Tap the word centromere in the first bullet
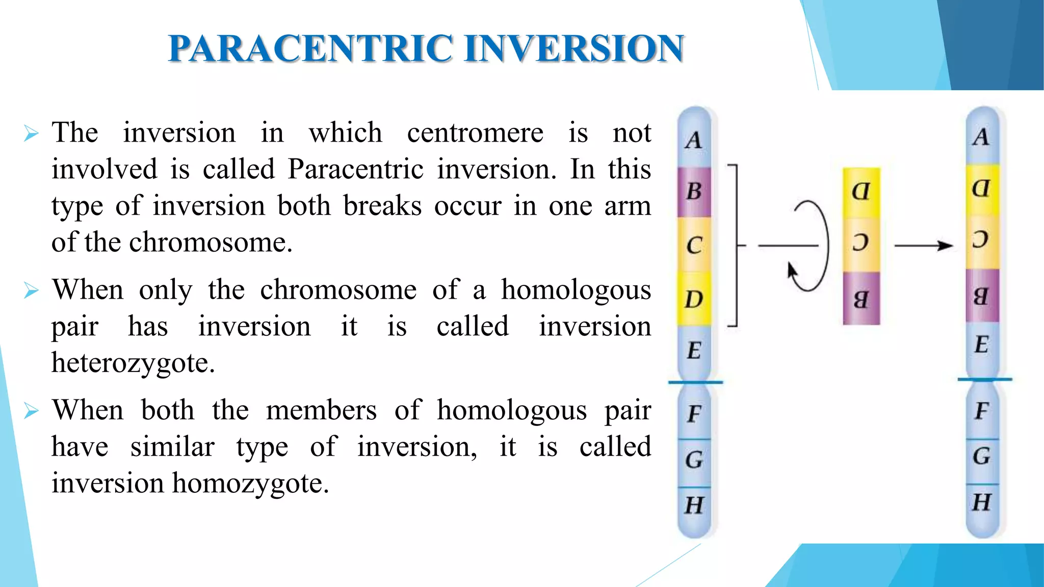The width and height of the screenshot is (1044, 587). pos(475,133)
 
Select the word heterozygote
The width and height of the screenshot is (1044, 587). pos(133,363)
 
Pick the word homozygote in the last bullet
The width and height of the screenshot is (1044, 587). pos(250,484)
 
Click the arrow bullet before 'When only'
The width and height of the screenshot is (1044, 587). pos(31,290)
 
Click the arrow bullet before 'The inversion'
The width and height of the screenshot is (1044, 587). pos(31,134)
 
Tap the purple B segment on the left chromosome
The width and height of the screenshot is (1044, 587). pos(694,192)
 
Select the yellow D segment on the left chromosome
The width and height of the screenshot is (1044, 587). pos(694,299)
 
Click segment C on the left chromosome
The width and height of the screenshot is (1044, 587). pos(694,245)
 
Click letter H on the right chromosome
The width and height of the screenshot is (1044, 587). pos(981,503)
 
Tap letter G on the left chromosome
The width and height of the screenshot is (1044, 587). pos(694,460)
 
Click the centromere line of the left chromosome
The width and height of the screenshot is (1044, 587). pos(695,382)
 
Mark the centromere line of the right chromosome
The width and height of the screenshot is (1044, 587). pos(984,379)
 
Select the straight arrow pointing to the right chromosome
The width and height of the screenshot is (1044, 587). pos(923,246)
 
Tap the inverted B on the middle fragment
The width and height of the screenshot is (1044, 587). pos(860,299)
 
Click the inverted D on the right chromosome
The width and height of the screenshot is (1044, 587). pos(981,189)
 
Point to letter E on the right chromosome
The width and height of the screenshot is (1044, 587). pos(981,345)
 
